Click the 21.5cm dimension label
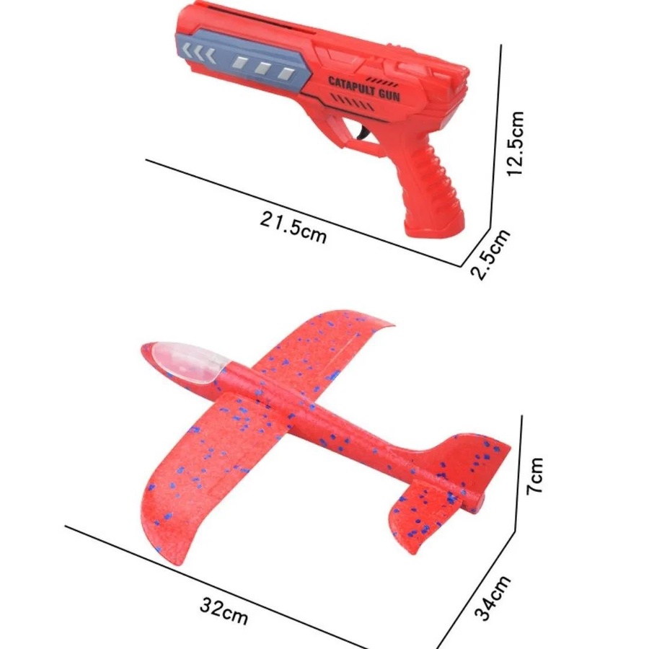pyautogui.click(x=293, y=227)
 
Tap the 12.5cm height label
pyautogui.click(x=516, y=144)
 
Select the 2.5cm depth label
pyautogui.click(x=490, y=255)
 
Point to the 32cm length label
pyautogui.click(x=224, y=611)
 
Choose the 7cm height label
pyautogui.click(x=534, y=476)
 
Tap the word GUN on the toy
pyautogui.click(x=390, y=94)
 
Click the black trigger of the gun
pyautogui.click(x=364, y=133)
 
